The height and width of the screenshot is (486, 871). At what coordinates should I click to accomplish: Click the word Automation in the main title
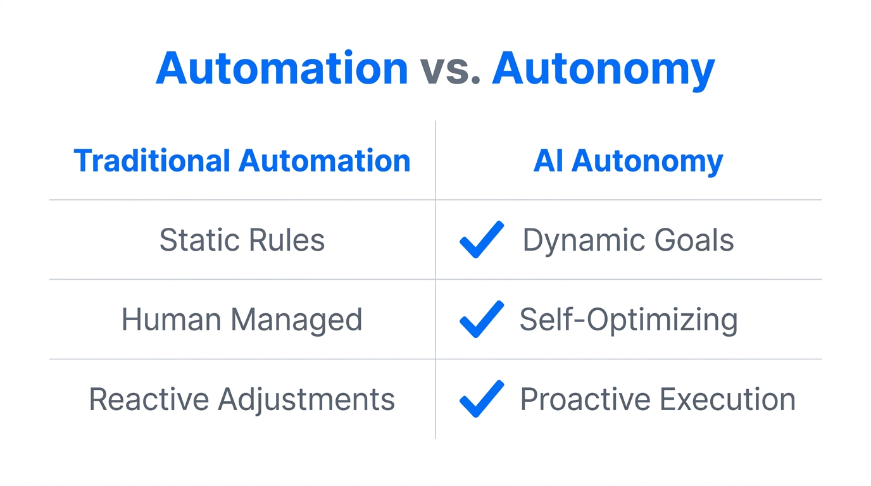point(282,68)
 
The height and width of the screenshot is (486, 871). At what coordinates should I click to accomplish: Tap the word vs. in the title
point(449,68)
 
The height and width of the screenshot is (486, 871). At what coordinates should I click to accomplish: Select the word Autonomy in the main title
point(603,68)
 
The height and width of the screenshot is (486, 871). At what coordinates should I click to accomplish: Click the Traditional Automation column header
point(242,161)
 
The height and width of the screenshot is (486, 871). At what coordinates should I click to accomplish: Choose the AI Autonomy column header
point(628,161)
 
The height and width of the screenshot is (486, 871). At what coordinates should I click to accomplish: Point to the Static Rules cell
point(242,240)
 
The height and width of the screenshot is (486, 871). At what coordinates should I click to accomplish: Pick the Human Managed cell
point(242,320)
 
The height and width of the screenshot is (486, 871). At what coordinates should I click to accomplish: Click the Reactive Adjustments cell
point(242,399)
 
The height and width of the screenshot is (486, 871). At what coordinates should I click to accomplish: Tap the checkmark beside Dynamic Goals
point(482,239)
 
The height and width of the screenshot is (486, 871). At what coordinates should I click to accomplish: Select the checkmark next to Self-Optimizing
point(482,319)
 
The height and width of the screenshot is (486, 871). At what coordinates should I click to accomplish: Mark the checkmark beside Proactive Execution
point(482,399)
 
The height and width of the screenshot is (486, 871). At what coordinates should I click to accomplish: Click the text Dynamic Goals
point(628,240)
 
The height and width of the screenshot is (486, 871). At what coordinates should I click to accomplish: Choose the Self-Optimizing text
point(628,320)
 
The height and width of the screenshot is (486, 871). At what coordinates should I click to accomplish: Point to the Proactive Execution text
point(657,399)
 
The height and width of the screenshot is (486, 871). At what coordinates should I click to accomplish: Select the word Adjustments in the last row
point(306,399)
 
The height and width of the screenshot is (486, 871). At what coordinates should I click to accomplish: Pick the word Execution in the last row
point(727,399)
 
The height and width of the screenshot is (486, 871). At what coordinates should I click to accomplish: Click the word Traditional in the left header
point(151,161)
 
